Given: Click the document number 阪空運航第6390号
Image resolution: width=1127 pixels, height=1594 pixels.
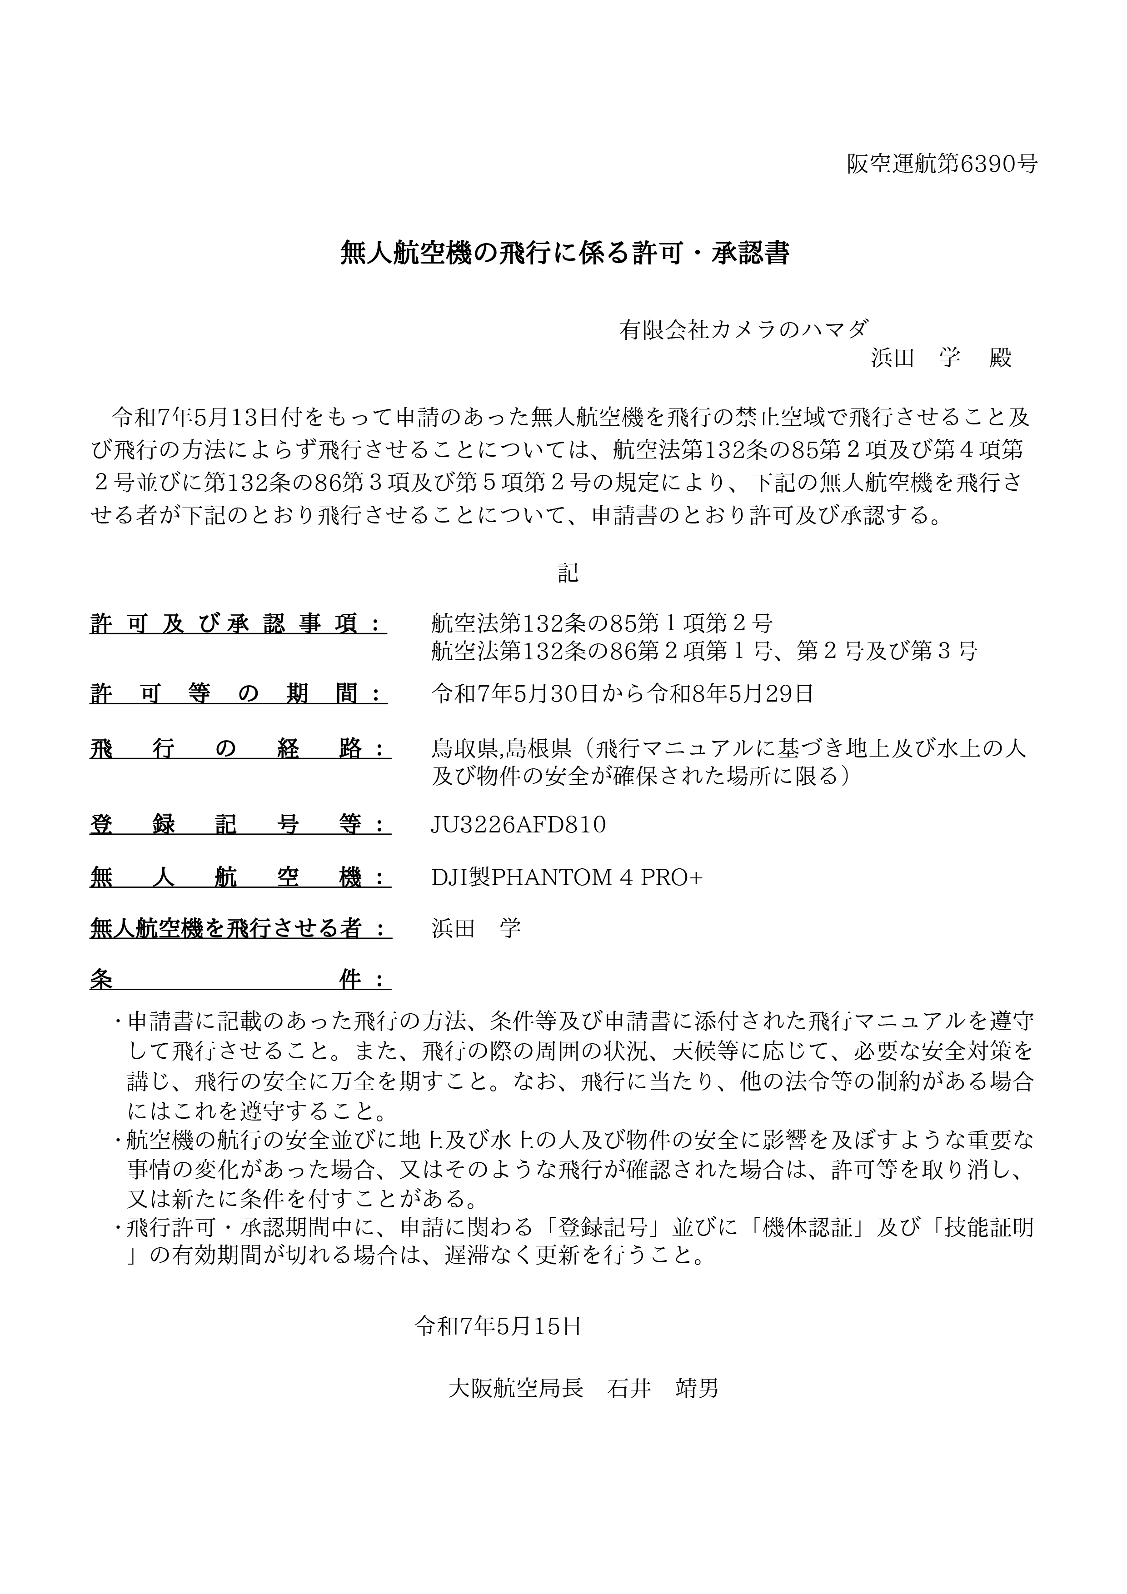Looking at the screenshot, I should pyautogui.click(x=942, y=164).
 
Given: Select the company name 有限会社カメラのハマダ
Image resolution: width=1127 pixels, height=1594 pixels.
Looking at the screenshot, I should pyautogui.click(x=744, y=329).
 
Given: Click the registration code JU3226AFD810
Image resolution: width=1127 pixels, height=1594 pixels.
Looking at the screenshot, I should pyautogui.click(x=519, y=825).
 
